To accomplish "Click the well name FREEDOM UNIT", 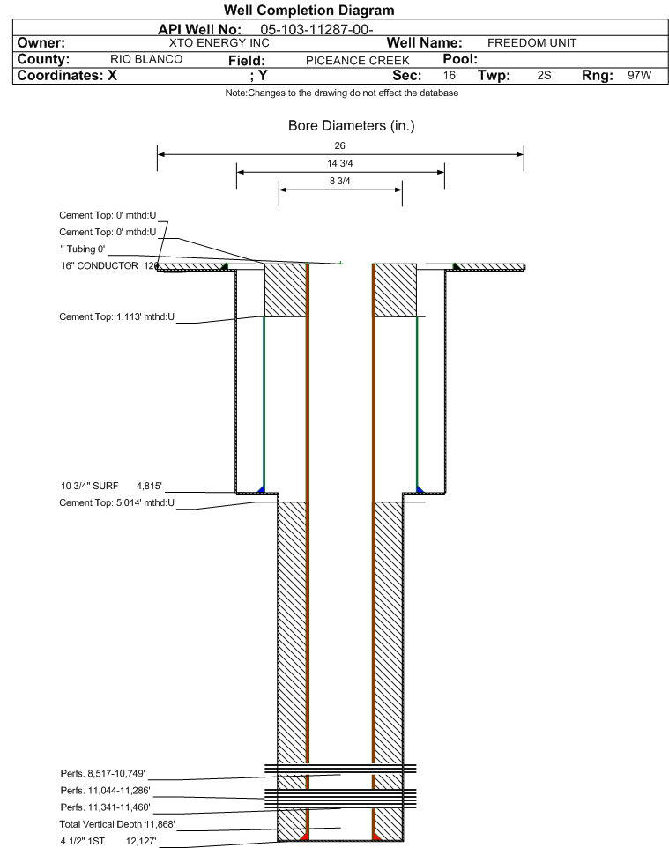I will tap(525, 42).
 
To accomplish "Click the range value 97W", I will tap(639, 76).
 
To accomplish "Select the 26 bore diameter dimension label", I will tap(340, 145).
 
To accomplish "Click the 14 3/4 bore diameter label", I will tap(340, 163).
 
